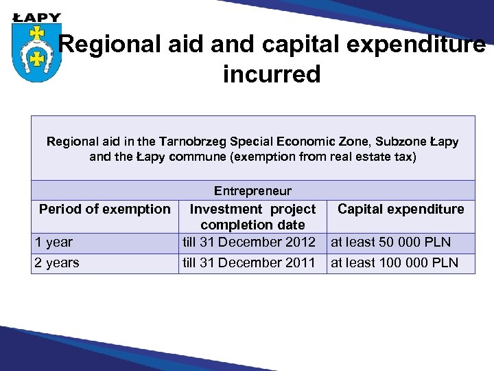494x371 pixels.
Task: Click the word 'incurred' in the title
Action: [272, 74]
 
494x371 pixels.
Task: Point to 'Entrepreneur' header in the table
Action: [252, 191]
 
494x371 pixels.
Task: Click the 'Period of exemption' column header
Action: [105, 209]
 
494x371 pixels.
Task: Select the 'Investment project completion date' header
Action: [252, 216]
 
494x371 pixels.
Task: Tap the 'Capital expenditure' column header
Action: [401, 209]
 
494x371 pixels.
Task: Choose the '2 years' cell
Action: [57, 262]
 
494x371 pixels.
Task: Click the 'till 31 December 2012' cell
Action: [248, 242]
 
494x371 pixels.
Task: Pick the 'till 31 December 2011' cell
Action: [248, 262]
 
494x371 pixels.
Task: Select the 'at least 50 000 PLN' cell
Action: [391, 242]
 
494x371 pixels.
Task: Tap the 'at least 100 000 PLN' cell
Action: [395, 262]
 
